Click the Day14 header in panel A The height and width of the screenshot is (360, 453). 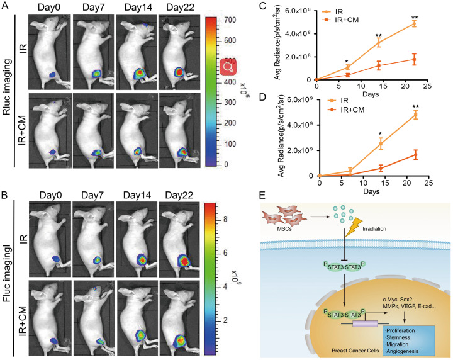(x=138, y=8)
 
